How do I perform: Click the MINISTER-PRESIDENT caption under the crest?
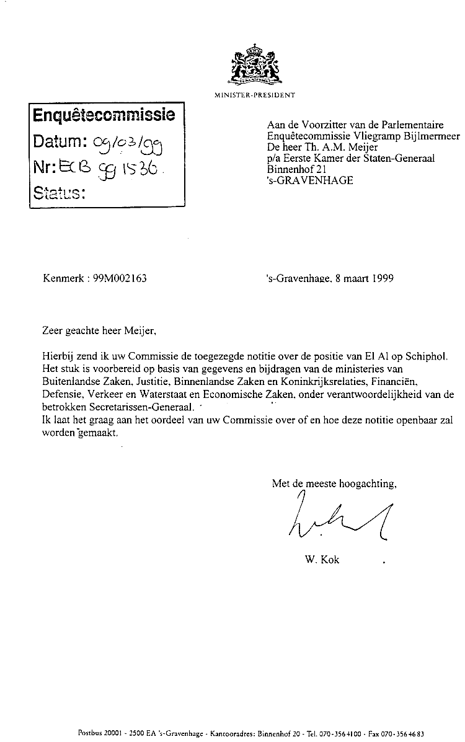[254, 95]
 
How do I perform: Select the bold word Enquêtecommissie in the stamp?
[104, 115]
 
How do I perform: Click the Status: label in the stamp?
[59, 192]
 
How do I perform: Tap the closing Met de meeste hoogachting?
[334, 484]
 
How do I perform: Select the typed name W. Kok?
[322, 560]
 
